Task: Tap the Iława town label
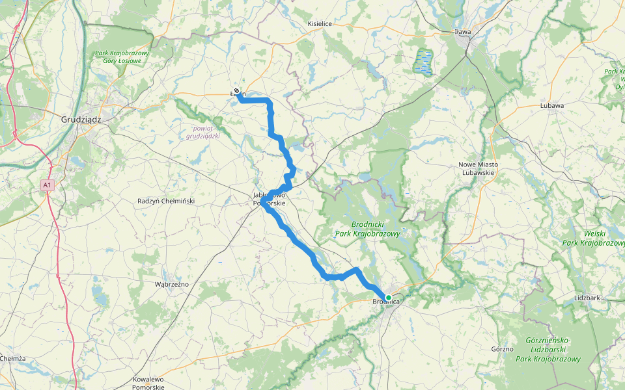[x=463, y=31]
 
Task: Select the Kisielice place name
[x=320, y=24]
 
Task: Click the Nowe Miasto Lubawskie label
[x=479, y=168]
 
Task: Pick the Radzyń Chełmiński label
[x=166, y=201]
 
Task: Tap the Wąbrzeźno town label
[x=171, y=284]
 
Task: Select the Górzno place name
[x=503, y=349]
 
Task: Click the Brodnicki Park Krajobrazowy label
[x=367, y=228]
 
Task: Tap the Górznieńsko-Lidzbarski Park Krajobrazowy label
[x=548, y=350]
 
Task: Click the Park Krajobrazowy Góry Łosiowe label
[x=122, y=57]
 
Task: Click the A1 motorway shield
[x=46, y=185]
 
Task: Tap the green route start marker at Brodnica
[x=389, y=298]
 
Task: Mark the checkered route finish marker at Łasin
[x=236, y=91]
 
